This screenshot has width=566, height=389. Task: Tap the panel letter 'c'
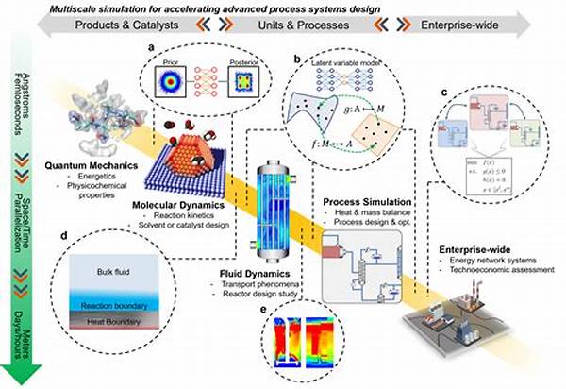[x=445, y=93]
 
